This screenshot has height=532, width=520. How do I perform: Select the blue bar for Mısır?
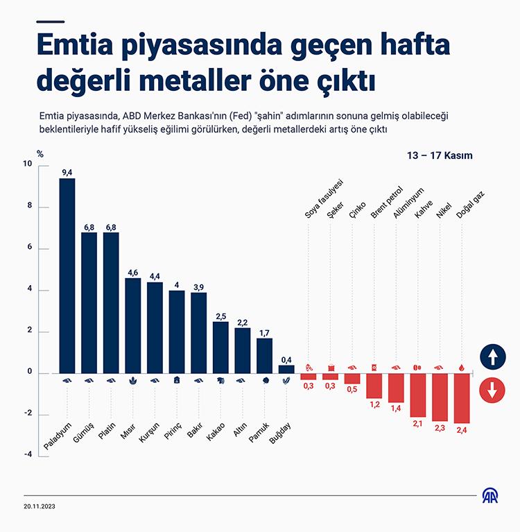point(133,325)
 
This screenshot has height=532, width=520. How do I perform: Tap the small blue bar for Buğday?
point(286,369)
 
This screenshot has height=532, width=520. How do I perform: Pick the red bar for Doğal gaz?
point(463,398)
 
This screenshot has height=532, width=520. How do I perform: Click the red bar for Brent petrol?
point(374,386)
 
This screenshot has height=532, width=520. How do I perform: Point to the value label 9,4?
point(67,173)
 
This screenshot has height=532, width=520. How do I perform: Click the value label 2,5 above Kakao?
point(220,316)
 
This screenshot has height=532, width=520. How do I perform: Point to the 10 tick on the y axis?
point(27,165)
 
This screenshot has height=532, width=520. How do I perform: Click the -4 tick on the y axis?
point(27,454)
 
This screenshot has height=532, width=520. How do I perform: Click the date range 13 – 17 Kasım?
point(440,155)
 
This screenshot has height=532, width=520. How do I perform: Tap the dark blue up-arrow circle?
point(492,359)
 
